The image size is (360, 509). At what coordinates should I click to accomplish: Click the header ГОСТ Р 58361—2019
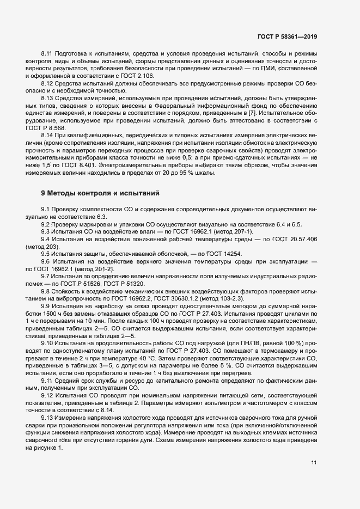287,36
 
